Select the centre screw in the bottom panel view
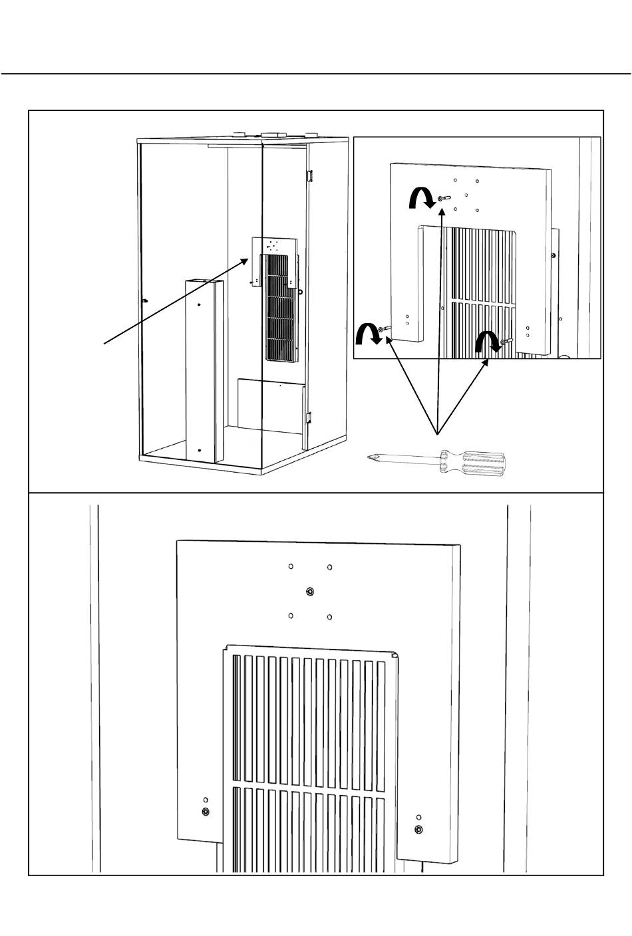(311, 591)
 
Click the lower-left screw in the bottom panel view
(206, 812)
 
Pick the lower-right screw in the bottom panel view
(418, 829)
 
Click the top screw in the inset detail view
(443, 198)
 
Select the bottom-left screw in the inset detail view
(383, 329)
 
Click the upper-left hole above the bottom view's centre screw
(291, 567)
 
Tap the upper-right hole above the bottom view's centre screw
(330, 567)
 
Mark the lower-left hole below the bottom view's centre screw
(291, 616)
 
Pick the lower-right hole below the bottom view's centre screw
(330, 617)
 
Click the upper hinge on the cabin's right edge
(309, 176)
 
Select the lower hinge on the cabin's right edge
(309, 418)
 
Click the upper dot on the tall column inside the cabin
(198, 305)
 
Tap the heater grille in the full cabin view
(280, 308)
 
